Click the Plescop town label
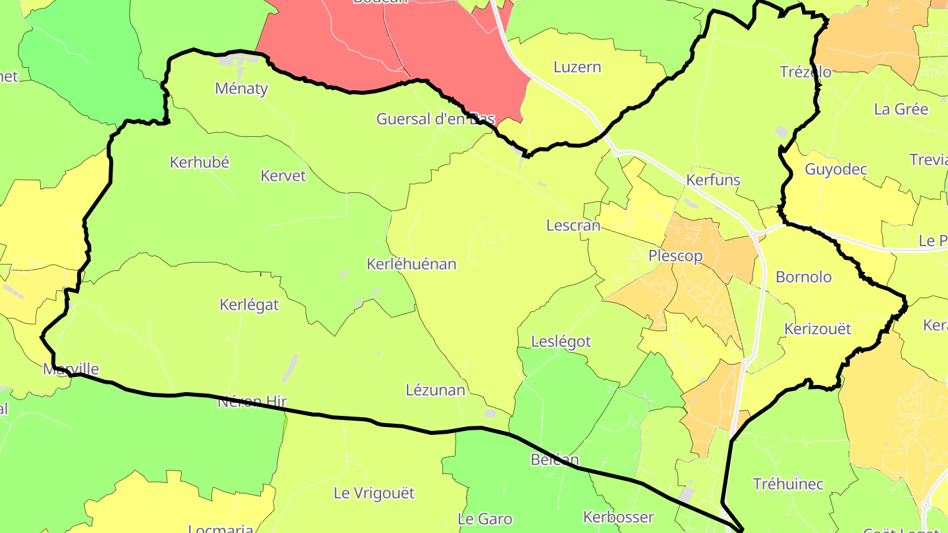coord(675,256)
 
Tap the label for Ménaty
coord(242,89)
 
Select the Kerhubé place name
coord(199,163)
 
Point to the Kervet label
coord(283,176)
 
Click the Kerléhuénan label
coord(411,265)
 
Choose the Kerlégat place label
coord(249,305)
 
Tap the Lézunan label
coord(435,390)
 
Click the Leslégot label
coord(561,342)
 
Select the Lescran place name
coord(573,226)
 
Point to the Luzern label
coord(577,67)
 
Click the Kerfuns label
coord(713,180)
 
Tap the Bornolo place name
coord(803,277)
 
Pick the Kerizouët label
coord(818,329)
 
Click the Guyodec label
coord(836,170)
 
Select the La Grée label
coord(901,110)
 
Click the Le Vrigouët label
coord(374,493)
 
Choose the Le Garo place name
coord(485,519)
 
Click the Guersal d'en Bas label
coord(435,120)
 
